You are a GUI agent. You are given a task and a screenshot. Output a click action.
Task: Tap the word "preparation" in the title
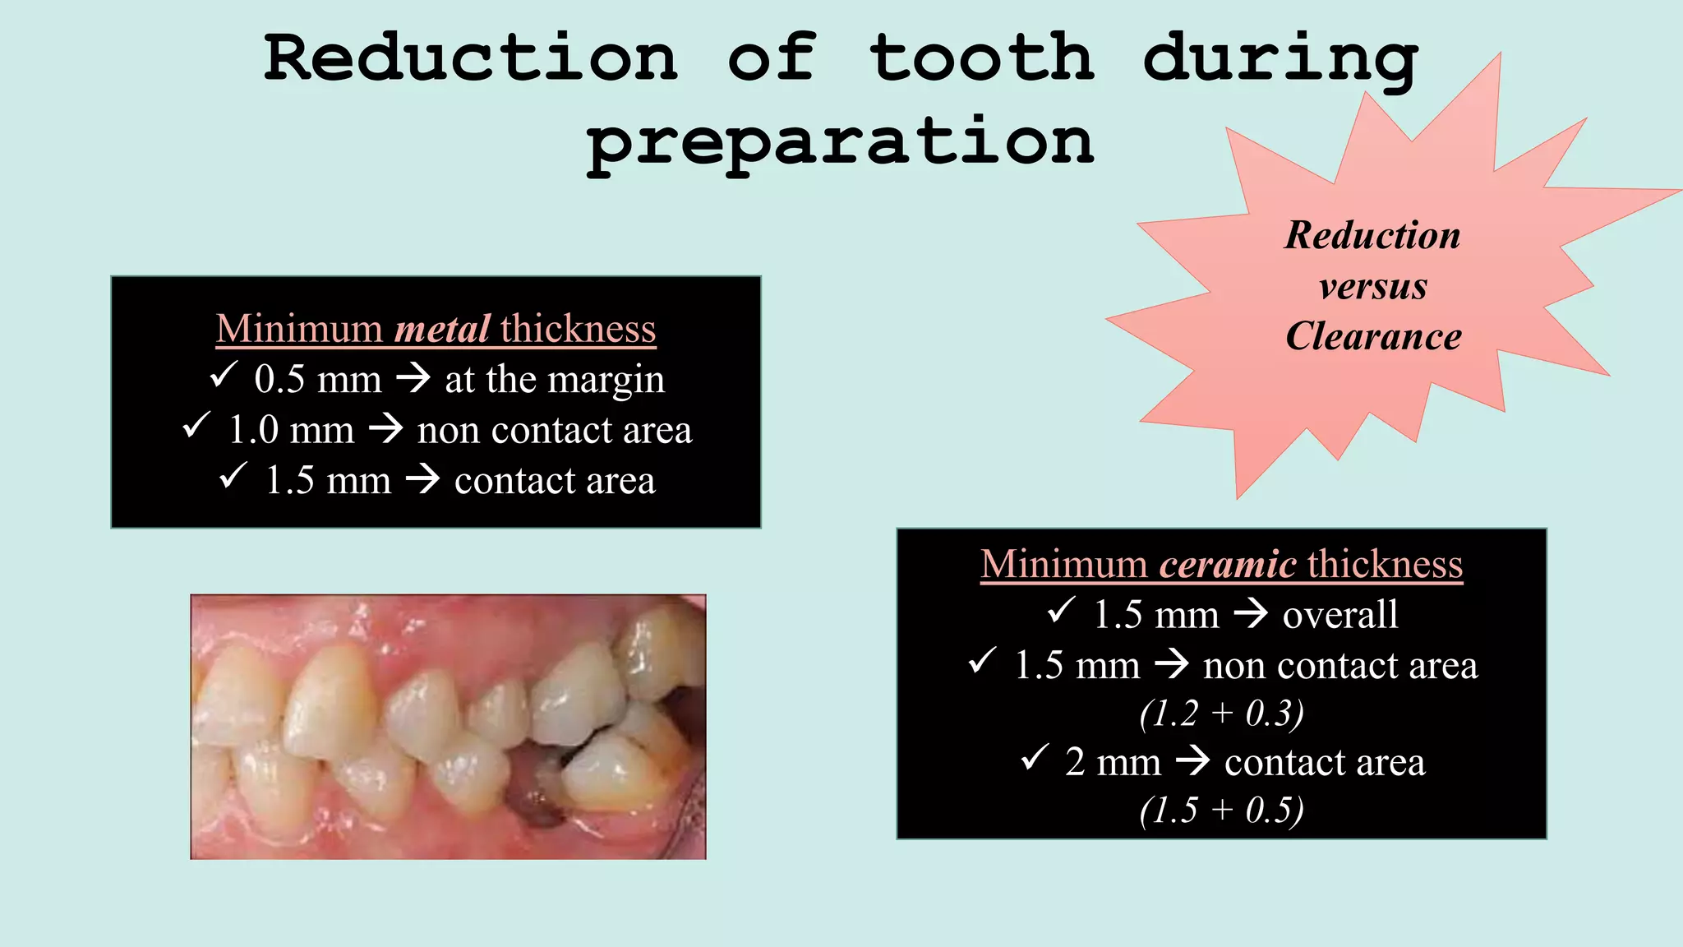[840, 142]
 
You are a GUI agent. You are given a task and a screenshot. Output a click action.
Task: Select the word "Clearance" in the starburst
[1373, 336]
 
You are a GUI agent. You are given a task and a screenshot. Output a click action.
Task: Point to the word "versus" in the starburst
[1373, 287]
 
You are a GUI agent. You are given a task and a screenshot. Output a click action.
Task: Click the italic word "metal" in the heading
[442, 329]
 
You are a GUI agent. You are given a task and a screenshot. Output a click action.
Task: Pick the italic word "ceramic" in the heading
[1228, 565]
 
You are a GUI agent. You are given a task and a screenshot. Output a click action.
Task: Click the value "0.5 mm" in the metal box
[318, 380]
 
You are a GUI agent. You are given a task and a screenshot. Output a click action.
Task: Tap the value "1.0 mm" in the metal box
[292, 430]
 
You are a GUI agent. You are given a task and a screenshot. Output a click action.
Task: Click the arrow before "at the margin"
[413, 379]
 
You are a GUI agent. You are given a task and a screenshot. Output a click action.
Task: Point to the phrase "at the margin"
[555, 380]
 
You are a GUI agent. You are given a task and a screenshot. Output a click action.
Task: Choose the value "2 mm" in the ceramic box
[1113, 762]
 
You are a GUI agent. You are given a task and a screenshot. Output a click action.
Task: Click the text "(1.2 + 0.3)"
[1221, 713]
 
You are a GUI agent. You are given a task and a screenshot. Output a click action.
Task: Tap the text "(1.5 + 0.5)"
[1221, 810]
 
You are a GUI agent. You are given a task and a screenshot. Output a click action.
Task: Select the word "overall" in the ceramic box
[1340, 615]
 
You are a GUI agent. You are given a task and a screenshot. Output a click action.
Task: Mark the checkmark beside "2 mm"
[1035, 757]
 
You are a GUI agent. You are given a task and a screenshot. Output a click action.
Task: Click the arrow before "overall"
[1252, 614]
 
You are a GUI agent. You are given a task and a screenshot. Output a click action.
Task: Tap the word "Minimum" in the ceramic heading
[1063, 565]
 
